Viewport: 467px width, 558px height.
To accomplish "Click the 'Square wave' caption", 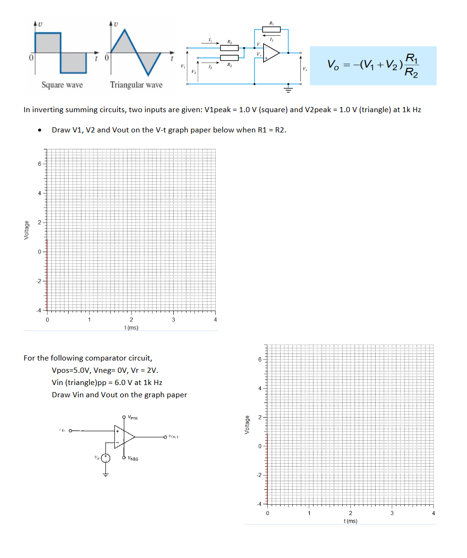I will pyautogui.click(x=62, y=85).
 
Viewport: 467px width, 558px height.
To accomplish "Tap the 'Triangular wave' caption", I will pyautogui.click(x=136, y=85).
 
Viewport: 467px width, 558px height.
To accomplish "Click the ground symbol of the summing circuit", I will pyautogui.click(x=287, y=90).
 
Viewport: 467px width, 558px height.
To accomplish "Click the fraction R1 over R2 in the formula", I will pyautogui.click(x=411, y=66).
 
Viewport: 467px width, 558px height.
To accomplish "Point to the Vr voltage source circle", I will pyautogui.click(x=106, y=458).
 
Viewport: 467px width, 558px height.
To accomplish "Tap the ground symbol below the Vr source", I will pyautogui.click(x=106, y=474).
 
